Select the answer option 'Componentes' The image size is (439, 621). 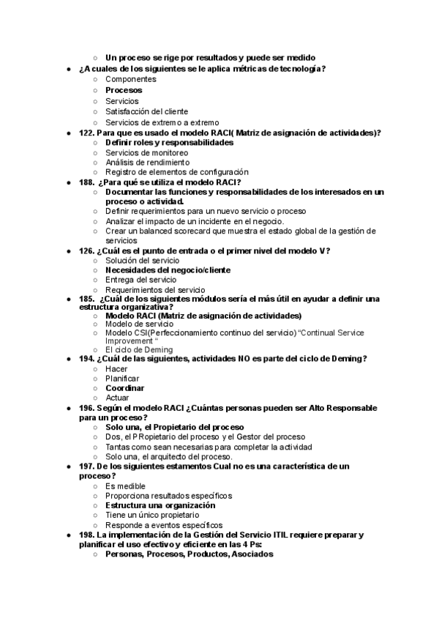130,79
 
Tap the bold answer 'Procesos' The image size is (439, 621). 124,90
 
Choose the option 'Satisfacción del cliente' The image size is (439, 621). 146,111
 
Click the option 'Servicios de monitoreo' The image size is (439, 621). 147,152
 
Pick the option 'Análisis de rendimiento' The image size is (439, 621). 147,162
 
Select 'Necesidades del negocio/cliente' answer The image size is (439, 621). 168,269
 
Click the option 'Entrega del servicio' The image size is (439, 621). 140,280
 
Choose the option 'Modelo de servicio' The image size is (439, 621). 140,324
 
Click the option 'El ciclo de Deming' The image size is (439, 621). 139,350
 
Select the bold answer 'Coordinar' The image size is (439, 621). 124,388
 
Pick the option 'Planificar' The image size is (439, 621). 122,379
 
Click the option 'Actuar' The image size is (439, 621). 117,398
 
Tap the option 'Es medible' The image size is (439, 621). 125,486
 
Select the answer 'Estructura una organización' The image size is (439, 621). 160,505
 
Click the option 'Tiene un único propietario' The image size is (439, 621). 152,515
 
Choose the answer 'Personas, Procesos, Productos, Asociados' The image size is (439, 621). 189,554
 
